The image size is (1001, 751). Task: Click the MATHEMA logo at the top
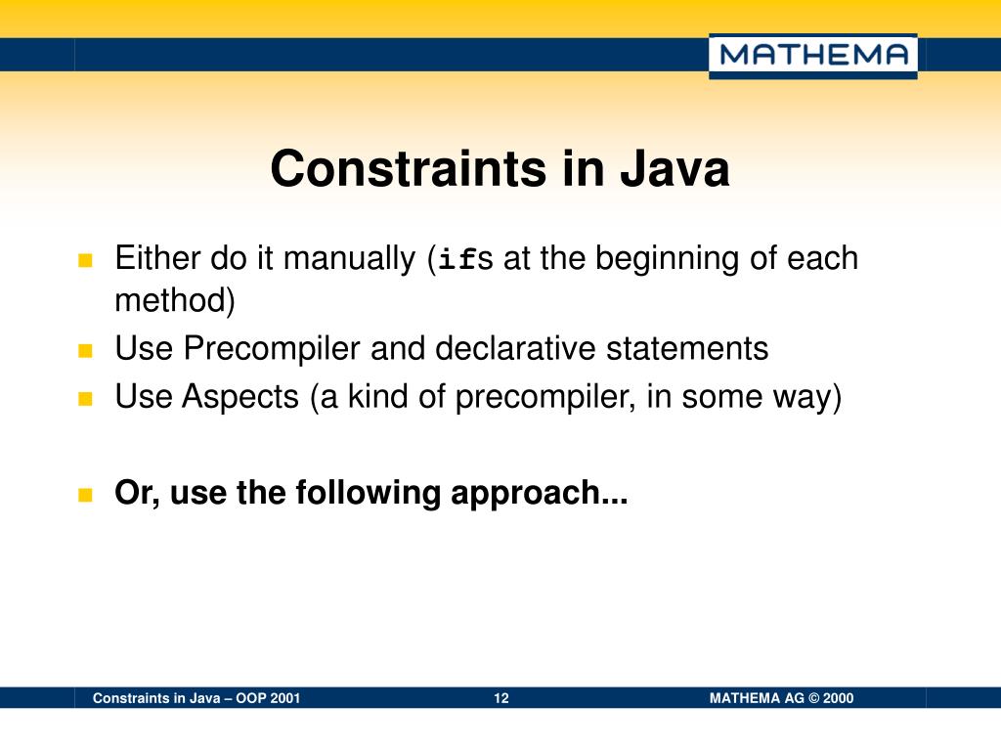812,56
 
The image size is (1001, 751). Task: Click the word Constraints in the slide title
409,169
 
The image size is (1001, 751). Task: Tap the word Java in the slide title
674,169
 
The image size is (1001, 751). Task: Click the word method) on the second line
175,301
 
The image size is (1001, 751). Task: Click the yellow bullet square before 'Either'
84,261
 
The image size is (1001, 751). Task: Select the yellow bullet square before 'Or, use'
84,494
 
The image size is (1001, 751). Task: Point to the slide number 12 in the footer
501,698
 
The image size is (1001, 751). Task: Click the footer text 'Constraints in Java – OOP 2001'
196,698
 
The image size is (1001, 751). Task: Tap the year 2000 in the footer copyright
838,698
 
